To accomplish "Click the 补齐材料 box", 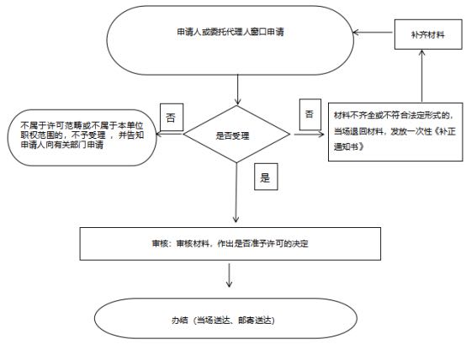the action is tap(428, 34).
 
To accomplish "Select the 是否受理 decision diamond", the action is tap(236, 134).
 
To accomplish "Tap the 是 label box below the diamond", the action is tap(266, 177).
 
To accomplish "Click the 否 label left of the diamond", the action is tap(172, 117).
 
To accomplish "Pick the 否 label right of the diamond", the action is tap(310, 114).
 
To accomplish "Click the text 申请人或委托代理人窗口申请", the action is tap(230, 32).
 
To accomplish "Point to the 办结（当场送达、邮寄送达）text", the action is tap(223, 320).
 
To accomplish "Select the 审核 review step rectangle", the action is tap(230, 244).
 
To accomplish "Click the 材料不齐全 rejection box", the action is tap(395, 132).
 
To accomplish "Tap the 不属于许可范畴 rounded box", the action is tap(82, 138).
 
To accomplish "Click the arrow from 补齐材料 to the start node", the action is tap(373, 32).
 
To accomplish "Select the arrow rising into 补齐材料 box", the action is tap(421, 76).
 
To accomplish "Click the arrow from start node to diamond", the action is tap(237, 90).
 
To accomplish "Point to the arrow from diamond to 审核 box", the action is tap(236, 193).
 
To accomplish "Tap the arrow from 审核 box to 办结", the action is tap(229, 275).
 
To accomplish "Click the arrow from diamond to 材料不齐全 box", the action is tap(309, 135).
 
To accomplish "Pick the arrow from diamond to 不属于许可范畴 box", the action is tap(169, 135).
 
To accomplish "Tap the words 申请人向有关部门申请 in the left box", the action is tap(62, 145).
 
